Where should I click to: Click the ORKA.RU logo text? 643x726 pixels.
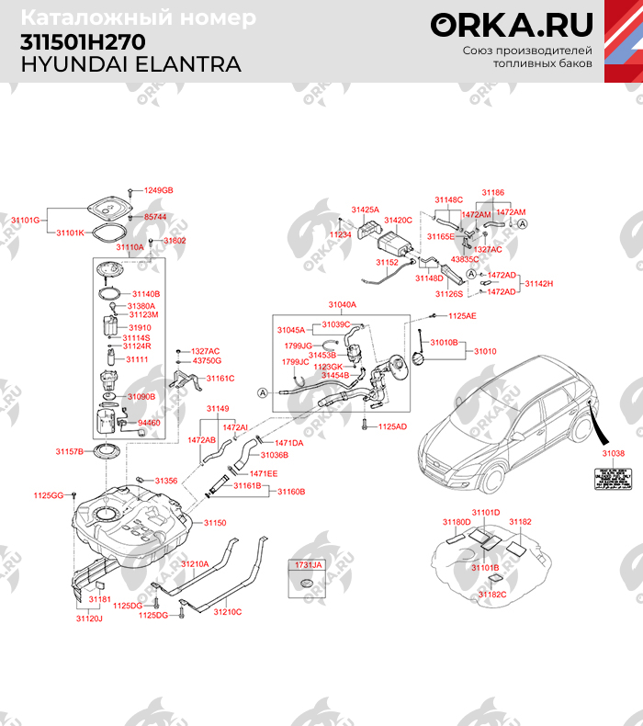(512, 25)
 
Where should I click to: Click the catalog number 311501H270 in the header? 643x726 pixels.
(82, 42)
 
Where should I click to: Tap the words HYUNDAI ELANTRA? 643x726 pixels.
(130, 64)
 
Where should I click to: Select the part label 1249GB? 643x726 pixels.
(158, 190)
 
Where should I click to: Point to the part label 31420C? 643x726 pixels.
(398, 221)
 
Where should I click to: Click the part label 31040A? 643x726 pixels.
(342, 304)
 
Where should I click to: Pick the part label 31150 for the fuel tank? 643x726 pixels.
(214, 523)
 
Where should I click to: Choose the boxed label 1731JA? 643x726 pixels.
(309, 565)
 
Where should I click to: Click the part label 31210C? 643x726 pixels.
(227, 611)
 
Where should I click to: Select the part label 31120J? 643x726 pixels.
(89, 618)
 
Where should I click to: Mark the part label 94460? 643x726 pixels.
(149, 422)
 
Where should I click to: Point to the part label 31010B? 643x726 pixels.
(444, 343)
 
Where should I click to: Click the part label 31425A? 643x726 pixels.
(365, 210)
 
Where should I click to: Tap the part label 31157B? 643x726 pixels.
(69, 451)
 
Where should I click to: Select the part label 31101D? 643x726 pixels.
(486, 512)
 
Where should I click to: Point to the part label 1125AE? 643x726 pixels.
(462, 315)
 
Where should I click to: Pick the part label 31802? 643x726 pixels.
(175, 240)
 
